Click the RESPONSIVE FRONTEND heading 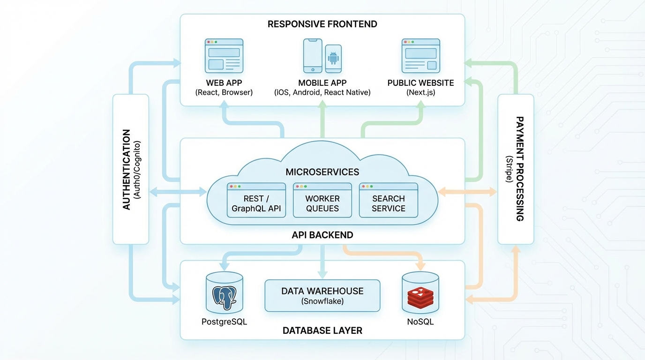(x=322, y=24)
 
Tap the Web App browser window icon (x=224, y=55)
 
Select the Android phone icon (x=333, y=59)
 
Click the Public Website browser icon (x=420, y=55)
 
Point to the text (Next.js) (x=420, y=92)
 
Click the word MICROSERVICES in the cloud (x=322, y=172)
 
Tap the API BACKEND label (x=322, y=235)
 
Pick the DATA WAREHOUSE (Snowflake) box (x=322, y=296)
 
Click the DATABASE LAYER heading (x=322, y=330)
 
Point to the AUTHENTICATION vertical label (x=126, y=169)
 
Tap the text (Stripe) (x=509, y=169)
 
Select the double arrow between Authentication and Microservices (x=178, y=192)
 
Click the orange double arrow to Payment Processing (x=467, y=192)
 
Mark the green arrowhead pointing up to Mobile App (x=322, y=108)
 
